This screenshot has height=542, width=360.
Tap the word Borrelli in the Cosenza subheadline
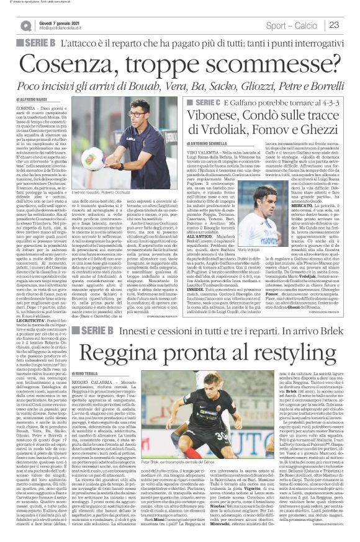314,84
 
